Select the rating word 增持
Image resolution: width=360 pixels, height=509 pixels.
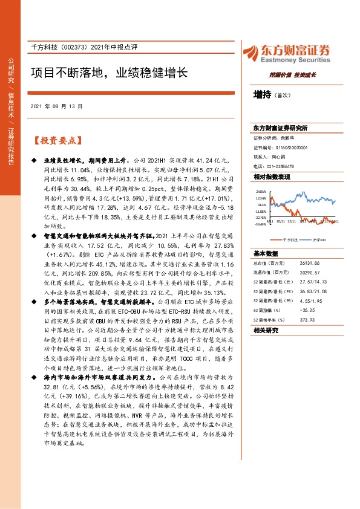[x=263, y=94]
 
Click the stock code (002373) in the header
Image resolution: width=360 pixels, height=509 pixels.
[x=78, y=47]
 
